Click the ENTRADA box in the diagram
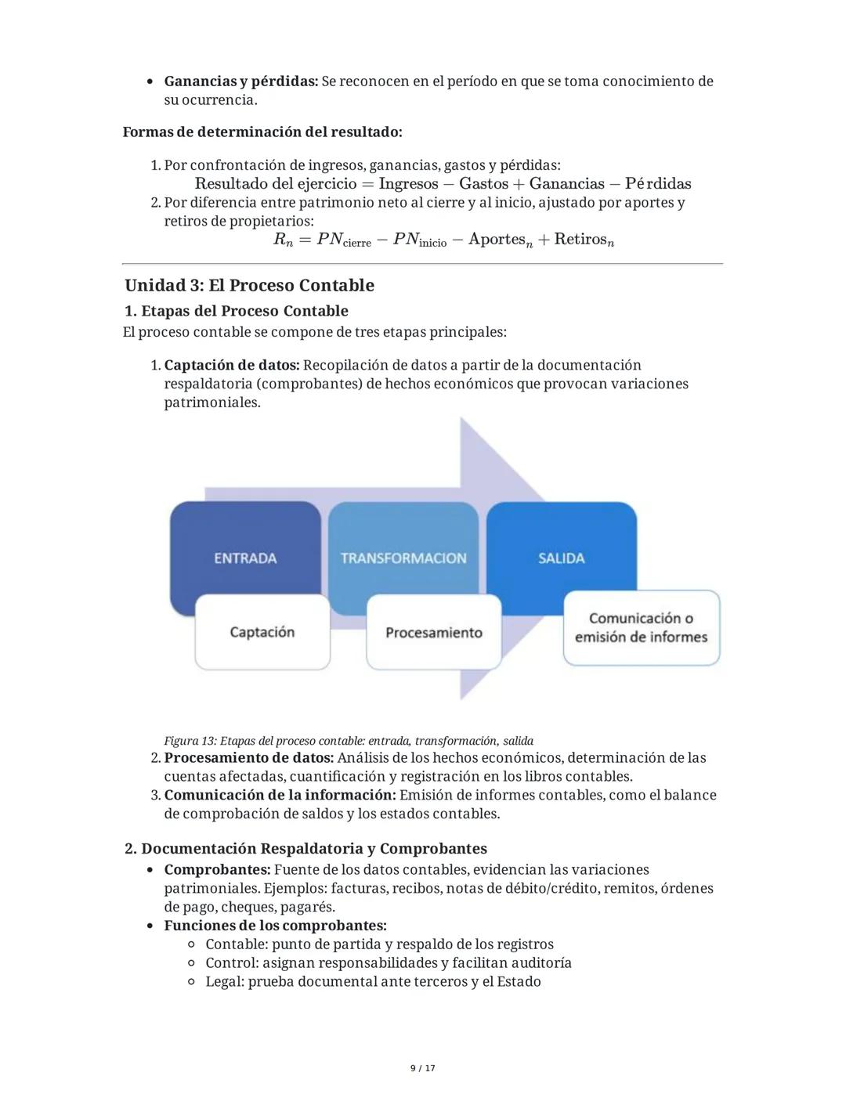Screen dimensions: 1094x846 (x=245, y=558)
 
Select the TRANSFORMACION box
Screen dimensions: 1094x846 (x=403, y=558)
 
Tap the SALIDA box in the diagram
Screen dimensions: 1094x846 (x=562, y=558)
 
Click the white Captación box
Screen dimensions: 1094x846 (x=262, y=632)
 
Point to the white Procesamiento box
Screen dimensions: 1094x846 (x=434, y=632)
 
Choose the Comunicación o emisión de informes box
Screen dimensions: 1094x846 (x=641, y=628)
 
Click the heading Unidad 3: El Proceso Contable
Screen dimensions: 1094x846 (x=249, y=285)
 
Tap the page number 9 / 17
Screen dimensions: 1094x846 (x=423, y=1068)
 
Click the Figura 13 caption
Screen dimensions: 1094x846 (x=349, y=741)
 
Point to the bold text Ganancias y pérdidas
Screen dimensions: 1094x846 (x=240, y=81)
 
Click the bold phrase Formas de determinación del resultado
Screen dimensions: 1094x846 (x=262, y=132)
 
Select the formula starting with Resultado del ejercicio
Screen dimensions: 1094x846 (x=443, y=184)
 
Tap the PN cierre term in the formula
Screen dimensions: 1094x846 (x=343, y=240)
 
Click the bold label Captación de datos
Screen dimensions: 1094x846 (x=232, y=365)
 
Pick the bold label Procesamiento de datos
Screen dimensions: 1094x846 (x=249, y=758)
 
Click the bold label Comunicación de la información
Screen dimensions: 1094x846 (x=280, y=795)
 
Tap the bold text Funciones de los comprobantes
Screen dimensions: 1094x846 (x=275, y=926)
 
